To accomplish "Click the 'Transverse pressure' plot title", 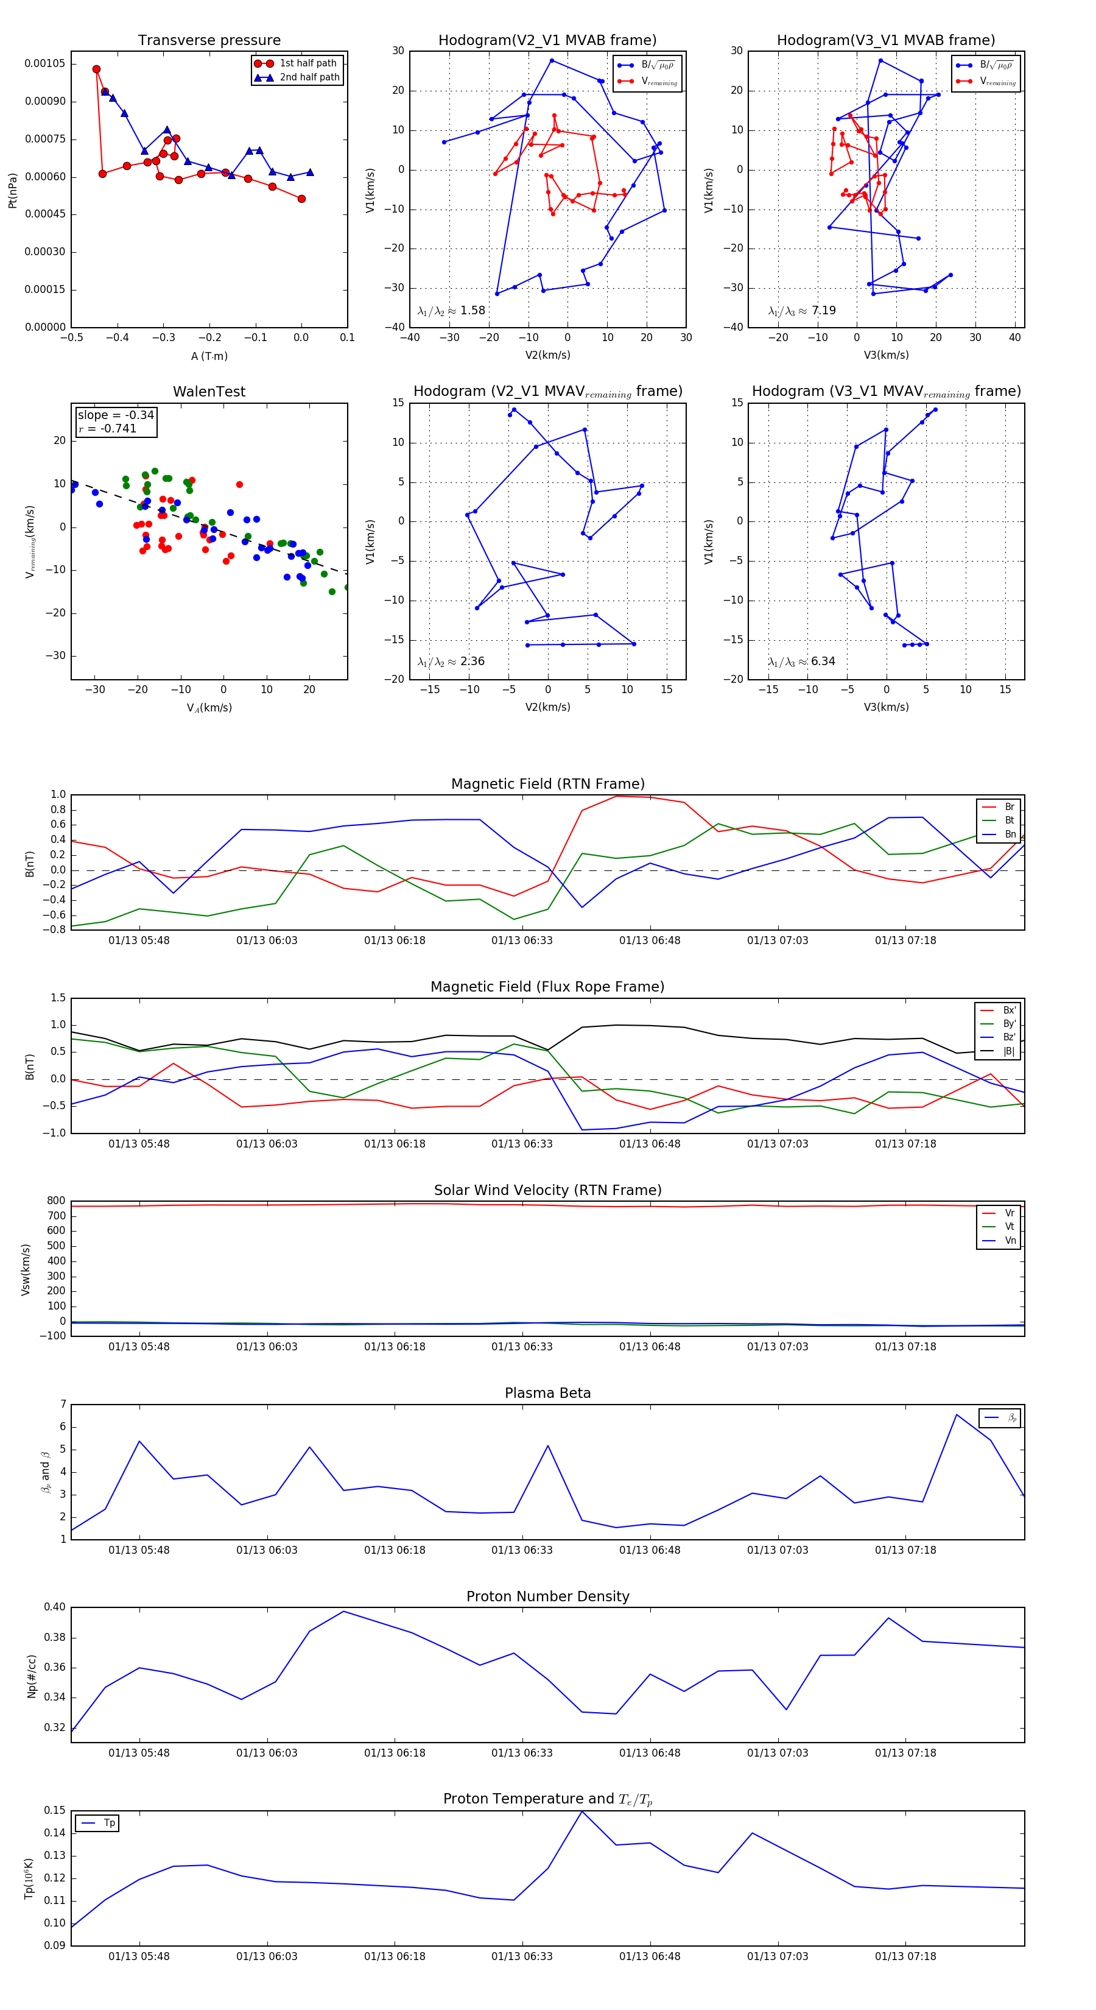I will click(x=209, y=41).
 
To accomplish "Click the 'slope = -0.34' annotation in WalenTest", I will click(x=116, y=415).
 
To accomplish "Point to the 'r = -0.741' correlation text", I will click(x=108, y=428).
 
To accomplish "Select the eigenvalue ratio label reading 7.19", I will click(x=801, y=311).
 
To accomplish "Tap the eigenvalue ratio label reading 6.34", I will click(x=801, y=661).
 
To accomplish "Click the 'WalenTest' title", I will click(x=209, y=392).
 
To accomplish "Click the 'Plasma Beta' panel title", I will click(x=547, y=1394).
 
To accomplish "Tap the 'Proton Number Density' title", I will click(x=547, y=1596).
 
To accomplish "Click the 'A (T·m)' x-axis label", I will click(x=209, y=356).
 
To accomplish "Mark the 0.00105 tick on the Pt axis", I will click(x=44, y=63).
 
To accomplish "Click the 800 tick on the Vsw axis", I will click(x=56, y=1201).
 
